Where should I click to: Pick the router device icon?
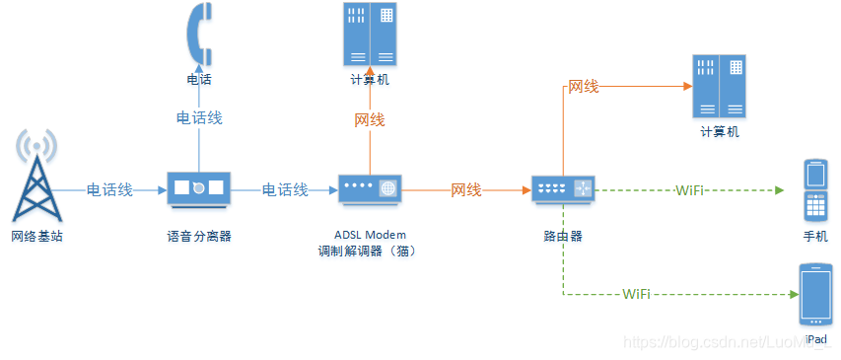click(563, 189)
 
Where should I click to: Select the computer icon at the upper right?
click(720, 87)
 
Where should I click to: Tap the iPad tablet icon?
click(815, 295)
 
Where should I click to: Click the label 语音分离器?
click(199, 237)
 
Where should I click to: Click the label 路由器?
click(563, 237)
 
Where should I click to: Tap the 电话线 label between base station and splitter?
click(109, 189)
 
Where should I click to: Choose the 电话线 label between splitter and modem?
click(285, 189)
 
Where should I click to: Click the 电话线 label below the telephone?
click(199, 117)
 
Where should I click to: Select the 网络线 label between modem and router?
click(466, 189)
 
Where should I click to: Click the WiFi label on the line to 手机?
click(689, 189)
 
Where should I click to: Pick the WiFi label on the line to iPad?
click(636, 294)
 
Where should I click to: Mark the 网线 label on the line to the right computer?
click(584, 87)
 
